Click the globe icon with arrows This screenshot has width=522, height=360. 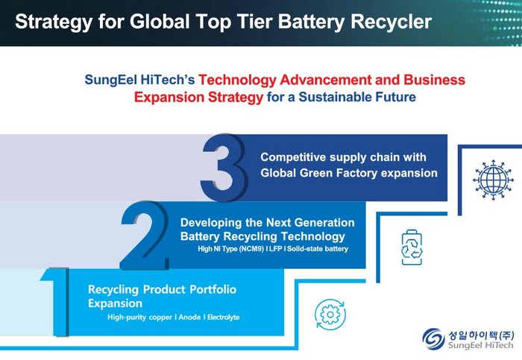click(493, 180)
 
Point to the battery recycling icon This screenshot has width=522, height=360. click(412, 247)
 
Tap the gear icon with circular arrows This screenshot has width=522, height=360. click(330, 315)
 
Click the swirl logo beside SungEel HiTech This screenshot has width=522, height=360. click(433, 338)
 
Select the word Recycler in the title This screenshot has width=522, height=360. click(391, 22)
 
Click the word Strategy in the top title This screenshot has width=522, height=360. click(54, 22)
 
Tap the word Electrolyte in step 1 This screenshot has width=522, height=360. click(224, 317)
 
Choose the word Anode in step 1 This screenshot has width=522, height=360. click(189, 317)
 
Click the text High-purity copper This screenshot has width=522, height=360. click(140, 318)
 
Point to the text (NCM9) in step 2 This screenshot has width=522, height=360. click(251, 249)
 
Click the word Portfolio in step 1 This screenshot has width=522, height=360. click(213, 289)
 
